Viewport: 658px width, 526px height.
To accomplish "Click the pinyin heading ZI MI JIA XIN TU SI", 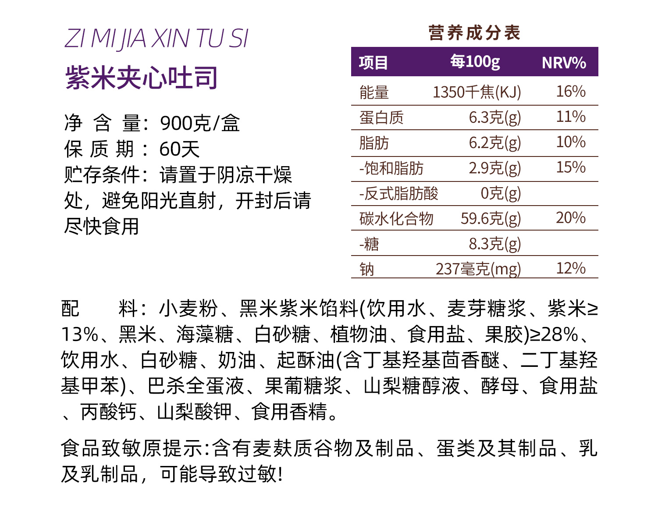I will coord(156,39).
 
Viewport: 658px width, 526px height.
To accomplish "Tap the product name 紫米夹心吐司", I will coord(142,78).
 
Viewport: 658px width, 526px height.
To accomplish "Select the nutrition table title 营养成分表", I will coord(474,33).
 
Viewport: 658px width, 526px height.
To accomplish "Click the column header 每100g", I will coord(475,62).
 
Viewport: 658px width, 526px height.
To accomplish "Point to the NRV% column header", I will coord(564,63).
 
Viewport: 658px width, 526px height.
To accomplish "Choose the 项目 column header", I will coord(373,63).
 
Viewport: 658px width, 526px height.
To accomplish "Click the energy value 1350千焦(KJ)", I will coord(477,92).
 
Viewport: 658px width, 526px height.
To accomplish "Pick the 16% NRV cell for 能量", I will coord(570,92).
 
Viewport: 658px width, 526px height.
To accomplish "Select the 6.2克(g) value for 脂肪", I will coord(494,143).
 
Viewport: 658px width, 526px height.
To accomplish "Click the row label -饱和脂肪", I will coord(391,168).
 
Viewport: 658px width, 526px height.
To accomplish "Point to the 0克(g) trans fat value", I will coord(501,193).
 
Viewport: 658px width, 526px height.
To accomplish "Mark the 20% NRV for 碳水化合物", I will coord(570,218).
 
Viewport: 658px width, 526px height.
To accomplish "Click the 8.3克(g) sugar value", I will coord(494,244).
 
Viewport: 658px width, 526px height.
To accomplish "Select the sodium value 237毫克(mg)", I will coord(478,269).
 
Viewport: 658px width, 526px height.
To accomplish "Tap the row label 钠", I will coord(367,269).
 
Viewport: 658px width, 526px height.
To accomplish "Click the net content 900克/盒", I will coord(200,123).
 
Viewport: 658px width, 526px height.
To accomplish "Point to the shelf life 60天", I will coord(179,149).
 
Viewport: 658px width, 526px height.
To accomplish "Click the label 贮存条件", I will coord(102,175).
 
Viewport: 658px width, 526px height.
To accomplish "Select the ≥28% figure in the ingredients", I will coord(554,334).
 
